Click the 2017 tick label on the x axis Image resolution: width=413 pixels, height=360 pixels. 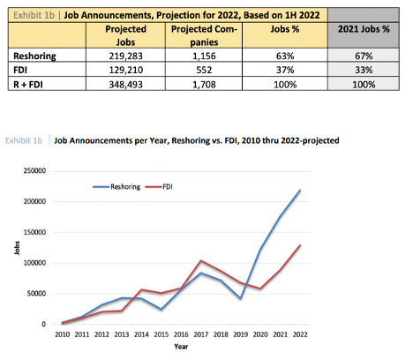[200, 335]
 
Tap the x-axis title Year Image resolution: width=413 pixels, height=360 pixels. [180, 347]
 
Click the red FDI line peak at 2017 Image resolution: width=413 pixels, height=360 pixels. [200, 261]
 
